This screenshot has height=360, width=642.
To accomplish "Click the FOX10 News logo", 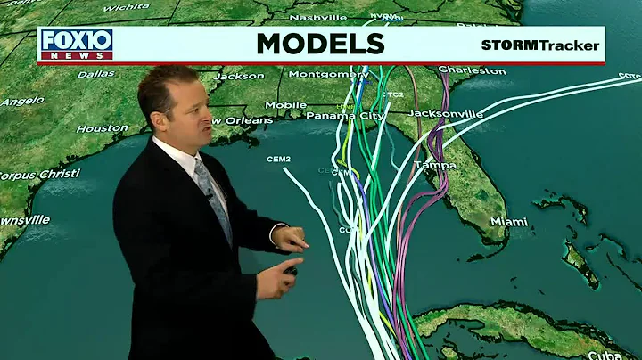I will pyautogui.click(x=76, y=44).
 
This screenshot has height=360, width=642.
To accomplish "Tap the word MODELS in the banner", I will pyautogui.click(x=320, y=44).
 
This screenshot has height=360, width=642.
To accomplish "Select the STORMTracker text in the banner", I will pyautogui.click(x=540, y=45).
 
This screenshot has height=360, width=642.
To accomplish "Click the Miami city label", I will pyautogui.click(x=509, y=221).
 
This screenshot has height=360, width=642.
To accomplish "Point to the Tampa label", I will pyautogui.click(x=435, y=166).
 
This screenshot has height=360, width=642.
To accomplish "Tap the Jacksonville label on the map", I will pyautogui.click(x=445, y=113).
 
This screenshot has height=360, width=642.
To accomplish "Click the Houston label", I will pyautogui.click(x=102, y=128).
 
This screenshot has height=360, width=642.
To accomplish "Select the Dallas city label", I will pyautogui.click(x=96, y=74).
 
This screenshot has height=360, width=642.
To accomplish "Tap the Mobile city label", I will pyautogui.click(x=285, y=105).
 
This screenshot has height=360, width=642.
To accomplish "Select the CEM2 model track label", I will pyautogui.click(x=278, y=159).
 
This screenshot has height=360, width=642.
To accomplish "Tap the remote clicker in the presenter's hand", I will pyautogui.click(x=291, y=268).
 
